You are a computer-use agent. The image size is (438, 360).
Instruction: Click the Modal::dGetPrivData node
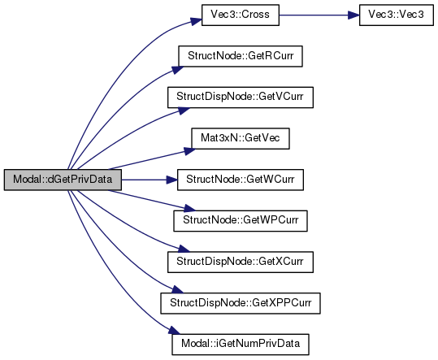[63, 180]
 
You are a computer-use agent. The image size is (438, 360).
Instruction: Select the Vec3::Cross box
[241, 15]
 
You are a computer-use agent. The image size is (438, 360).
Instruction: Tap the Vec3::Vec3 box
[396, 15]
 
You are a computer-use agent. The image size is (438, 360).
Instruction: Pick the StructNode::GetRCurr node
[241, 56]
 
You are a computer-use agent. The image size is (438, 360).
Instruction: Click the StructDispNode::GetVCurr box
[241, 98]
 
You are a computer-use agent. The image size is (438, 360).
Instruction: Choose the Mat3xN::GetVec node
[241, 138]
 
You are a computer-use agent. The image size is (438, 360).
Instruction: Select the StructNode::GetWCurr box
[241, 180]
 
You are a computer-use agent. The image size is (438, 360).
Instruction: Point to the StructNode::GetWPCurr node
[241, 221]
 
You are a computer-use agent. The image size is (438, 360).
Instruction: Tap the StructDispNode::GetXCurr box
[241, 262]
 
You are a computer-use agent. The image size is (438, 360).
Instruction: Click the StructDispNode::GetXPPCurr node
[241, 303]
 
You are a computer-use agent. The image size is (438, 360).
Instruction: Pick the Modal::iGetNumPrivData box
[241, 345]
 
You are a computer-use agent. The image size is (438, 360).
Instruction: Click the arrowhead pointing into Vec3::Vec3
[353, 15]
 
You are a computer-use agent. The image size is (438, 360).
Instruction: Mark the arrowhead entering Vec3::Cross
[196, 21]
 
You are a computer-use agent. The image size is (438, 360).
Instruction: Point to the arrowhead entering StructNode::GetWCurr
[171, 180]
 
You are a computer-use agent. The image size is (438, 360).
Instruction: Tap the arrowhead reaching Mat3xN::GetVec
[190, 151]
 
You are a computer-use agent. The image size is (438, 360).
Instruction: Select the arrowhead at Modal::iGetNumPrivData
[175, 331]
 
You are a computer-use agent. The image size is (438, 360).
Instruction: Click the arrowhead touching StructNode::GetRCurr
[177, 70]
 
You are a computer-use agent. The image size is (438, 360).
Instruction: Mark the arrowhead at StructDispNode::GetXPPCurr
[177, 289]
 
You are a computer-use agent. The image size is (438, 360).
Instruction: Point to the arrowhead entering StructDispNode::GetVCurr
[184, 111]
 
